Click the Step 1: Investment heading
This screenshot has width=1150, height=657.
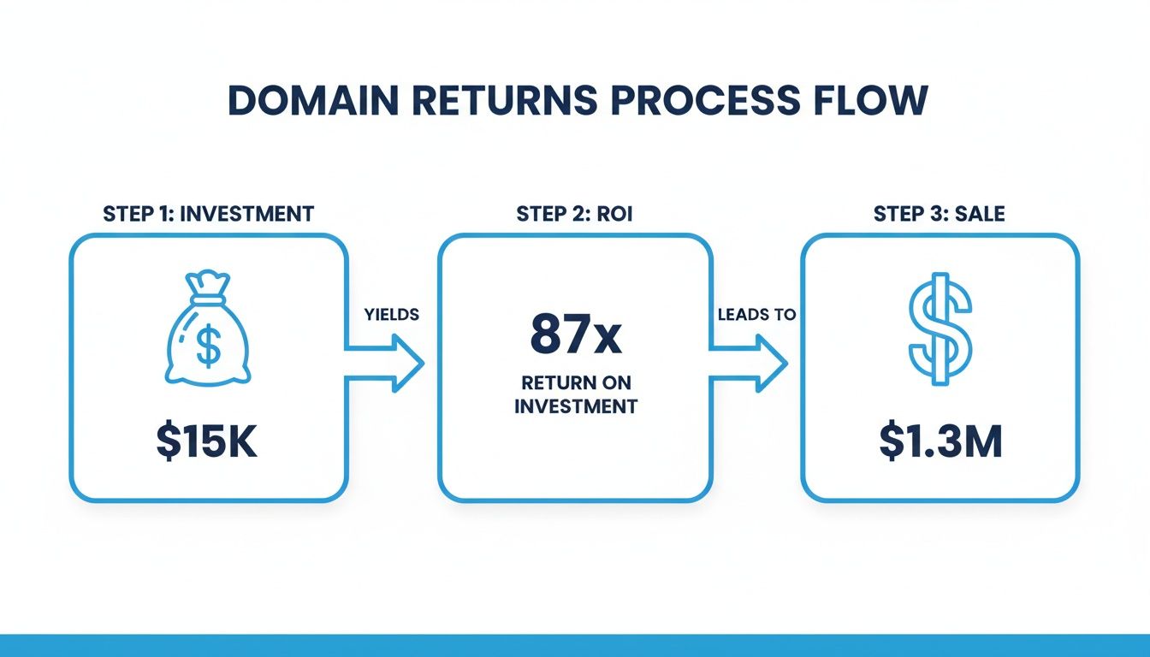pyautogui.click(x=208, y=214)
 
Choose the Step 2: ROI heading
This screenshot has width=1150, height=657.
pyautogui.click(x=574, y=214)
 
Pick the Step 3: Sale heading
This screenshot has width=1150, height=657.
pyautogui.click(x=940, y=214)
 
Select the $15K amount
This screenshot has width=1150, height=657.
pyautogui.click(x=207, y=444)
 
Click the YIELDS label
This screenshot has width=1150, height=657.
pyautogui.click(x=392, y=315)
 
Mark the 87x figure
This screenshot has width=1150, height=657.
pyautogui.click(x=575, y=334)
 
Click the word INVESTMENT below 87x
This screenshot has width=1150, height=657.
pyautogui.click(x=576, y=406)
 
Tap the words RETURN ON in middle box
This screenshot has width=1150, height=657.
pyautogui.click(x=576, y=382)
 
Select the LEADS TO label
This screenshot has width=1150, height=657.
pyautogui.click(x=756, y=315)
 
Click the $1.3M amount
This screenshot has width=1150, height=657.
pyautogui.click(x=940, y=444)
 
